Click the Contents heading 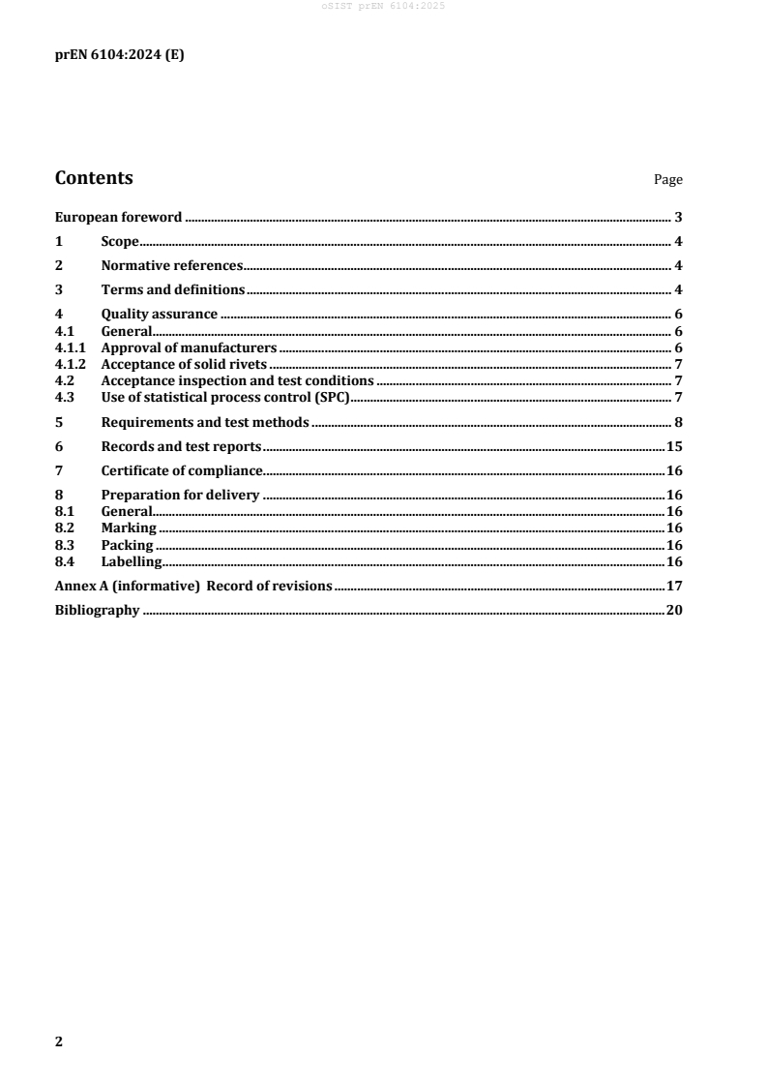[94, 178]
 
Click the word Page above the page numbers [668, 180]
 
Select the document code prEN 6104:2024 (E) [119, 54]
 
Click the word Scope [120, 242]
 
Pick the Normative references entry [171, 266]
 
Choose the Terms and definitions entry [172, 289]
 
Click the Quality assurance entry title [159, 315]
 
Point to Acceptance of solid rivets [183, 364]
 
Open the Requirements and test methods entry [204, 422]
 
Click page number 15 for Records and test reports [674, 446]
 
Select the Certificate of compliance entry [182, 470]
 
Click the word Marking [129, 528]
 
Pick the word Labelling [132, 561]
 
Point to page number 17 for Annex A [674, 586]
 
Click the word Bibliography [97, 611]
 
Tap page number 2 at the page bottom [59, 1041]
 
